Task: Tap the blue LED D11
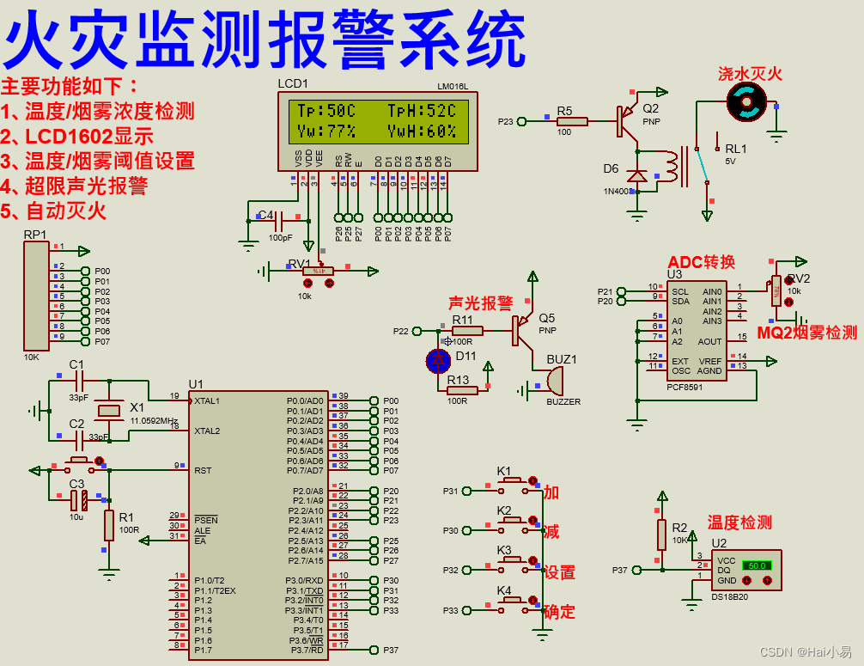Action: point(439,360)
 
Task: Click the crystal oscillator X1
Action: point(109,411)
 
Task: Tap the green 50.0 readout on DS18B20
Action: point(757,565)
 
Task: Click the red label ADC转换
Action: point(702,262)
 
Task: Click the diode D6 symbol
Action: point(636,176)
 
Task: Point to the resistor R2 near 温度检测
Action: point(661,534)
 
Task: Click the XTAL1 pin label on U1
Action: point(207,400)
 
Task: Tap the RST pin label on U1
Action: point(203,470)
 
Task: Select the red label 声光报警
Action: point(480,302)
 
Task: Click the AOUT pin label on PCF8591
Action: point(709,342)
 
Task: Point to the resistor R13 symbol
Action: point(462,390)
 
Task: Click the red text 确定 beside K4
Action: point(559,612)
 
